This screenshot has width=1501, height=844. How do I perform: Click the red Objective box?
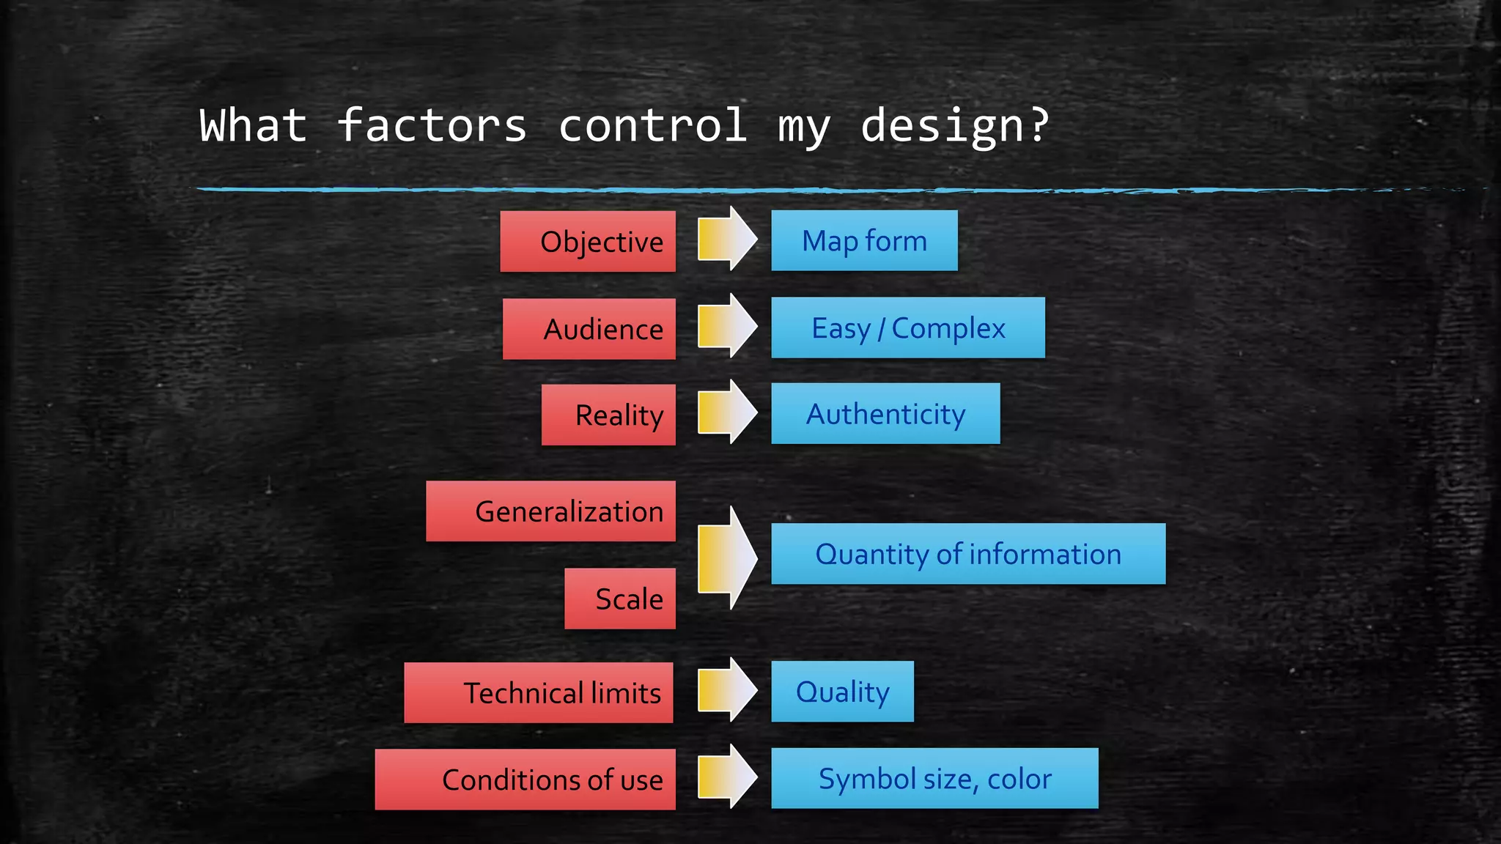coord(588,242)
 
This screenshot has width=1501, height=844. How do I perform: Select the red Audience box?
coord(589,329)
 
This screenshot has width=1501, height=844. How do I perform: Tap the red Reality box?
coord(608,415)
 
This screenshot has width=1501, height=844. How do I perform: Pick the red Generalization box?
coord(550,511)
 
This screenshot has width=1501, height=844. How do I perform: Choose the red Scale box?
coord(620,599)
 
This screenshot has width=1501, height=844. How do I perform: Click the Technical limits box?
coord(539,693)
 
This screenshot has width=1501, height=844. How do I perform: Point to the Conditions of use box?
coord(525,780)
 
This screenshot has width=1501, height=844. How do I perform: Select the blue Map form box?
coord(864,241)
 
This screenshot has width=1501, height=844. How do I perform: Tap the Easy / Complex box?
coord(908,328)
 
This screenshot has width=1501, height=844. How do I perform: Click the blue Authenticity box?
coord(885,414)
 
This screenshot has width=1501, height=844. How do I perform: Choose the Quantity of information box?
coord(968,554)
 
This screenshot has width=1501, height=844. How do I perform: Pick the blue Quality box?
coord(842,692)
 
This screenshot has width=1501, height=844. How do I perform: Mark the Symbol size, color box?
coord(934,779)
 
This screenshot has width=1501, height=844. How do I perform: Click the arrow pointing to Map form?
coord(726,239)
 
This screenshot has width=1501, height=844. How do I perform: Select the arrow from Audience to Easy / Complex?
coord(726,326)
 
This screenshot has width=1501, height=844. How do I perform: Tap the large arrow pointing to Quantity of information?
coord(726,558)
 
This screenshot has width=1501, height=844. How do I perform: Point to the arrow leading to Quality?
coord(726,690)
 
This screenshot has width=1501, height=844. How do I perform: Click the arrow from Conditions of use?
coord(726,777)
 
